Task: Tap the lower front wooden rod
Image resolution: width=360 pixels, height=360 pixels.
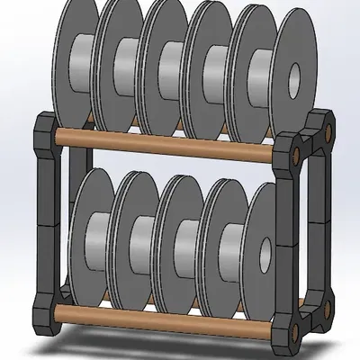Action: (162, 320)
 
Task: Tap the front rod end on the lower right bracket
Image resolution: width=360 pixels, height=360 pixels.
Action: (292, 333)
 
